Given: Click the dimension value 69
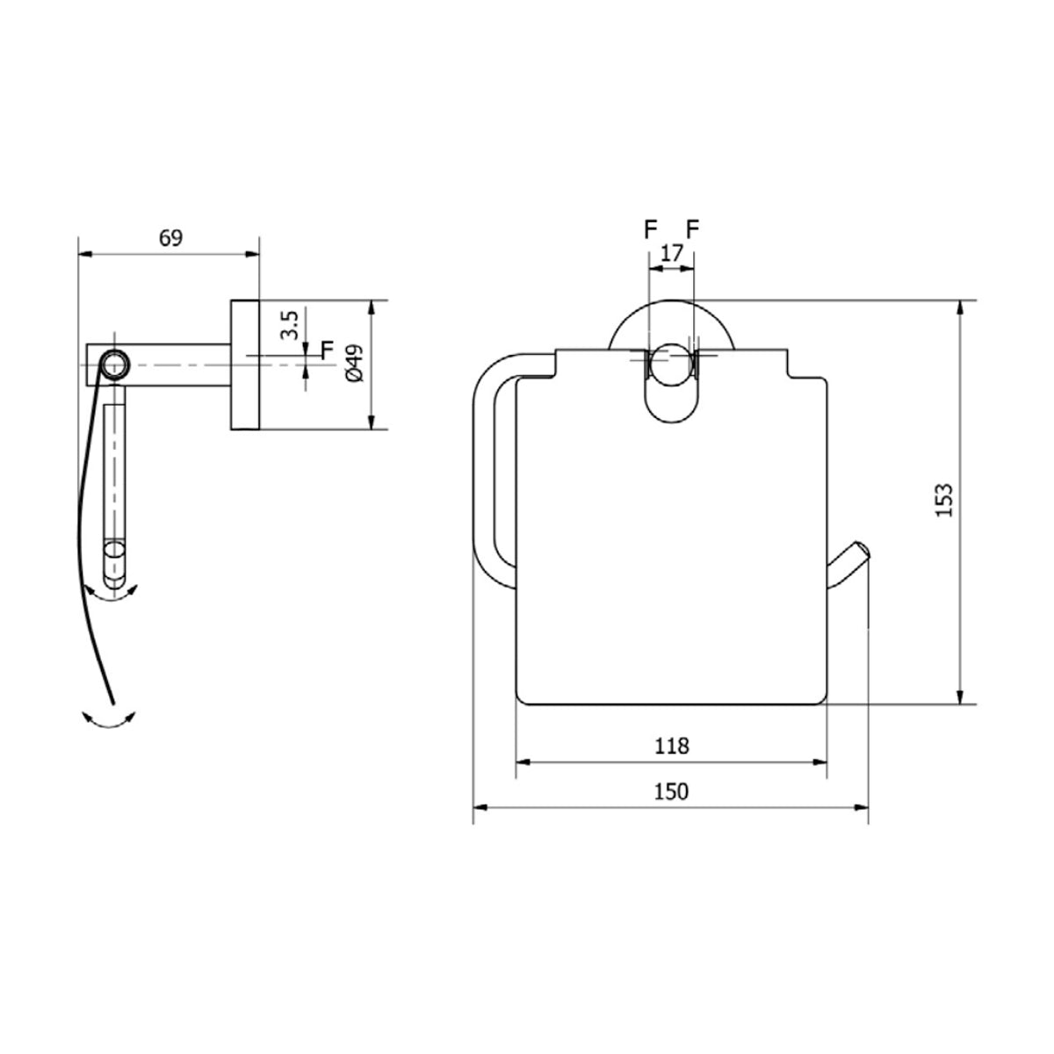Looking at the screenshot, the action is click(170, 238).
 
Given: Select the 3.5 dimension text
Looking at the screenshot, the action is click(290, 326).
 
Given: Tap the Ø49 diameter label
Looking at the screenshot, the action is click(355, 363).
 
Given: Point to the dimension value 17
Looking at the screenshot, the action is click(672, 253).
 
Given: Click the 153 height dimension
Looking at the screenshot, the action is click(944, 500).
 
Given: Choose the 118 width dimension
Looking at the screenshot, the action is click(672, 746).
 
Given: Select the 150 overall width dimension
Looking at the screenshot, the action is click(672, 791).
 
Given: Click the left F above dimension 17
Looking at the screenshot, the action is click(650, 230).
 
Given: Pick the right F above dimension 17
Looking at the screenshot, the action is click(693, 230).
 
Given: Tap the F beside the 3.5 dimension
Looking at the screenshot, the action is click(328, 350).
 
